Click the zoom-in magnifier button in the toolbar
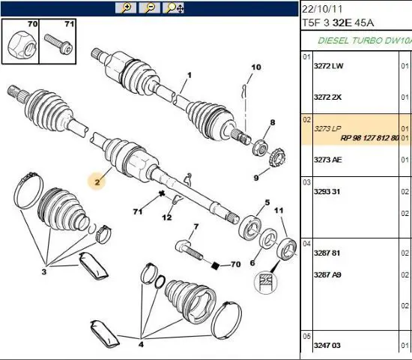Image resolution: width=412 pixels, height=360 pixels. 126,8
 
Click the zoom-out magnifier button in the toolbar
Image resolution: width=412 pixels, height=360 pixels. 150,8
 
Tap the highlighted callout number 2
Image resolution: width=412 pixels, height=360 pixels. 97,181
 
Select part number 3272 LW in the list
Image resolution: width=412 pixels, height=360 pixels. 328,66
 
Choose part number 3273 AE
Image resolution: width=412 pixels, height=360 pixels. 327,160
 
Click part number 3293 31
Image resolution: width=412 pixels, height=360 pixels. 327,191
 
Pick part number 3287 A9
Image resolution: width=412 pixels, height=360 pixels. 327,274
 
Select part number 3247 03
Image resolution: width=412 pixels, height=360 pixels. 327,345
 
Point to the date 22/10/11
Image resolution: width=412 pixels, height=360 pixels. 322,10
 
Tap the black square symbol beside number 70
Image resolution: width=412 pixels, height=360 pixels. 215,265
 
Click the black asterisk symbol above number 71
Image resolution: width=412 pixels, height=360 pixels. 162,194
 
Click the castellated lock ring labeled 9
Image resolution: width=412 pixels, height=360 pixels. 277,157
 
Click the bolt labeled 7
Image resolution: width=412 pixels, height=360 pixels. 189,249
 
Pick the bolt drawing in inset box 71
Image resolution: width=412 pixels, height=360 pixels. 58,43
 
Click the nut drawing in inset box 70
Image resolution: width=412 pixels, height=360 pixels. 22,45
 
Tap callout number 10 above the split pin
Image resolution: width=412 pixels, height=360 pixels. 256,67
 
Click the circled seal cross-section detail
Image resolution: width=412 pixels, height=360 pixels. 265,282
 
